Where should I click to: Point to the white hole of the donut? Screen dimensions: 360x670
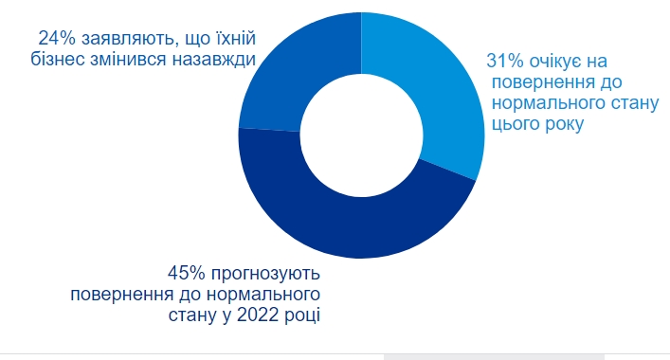pos(361,134)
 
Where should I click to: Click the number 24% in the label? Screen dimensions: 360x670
pos(56,39)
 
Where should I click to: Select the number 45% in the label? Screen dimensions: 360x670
pos(187,273)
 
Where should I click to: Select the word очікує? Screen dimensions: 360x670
pos(561,60)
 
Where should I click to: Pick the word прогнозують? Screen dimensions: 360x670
pos(265,273)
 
